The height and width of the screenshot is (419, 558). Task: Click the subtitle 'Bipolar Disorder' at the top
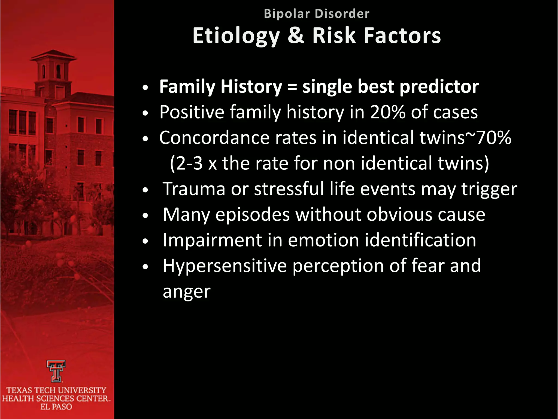pos(317,14)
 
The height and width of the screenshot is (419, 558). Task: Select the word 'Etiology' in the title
pos(236,36)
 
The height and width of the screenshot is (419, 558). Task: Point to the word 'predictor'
pos(439,87)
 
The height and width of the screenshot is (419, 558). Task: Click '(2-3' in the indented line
pos(186,163)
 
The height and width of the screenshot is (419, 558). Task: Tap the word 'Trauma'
pos(194,189)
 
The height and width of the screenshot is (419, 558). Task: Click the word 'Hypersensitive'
pos(225,266)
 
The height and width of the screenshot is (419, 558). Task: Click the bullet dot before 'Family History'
pos(146,88)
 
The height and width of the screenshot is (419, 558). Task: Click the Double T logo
pos(56,371)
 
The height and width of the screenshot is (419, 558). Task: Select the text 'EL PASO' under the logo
pos(56,407)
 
